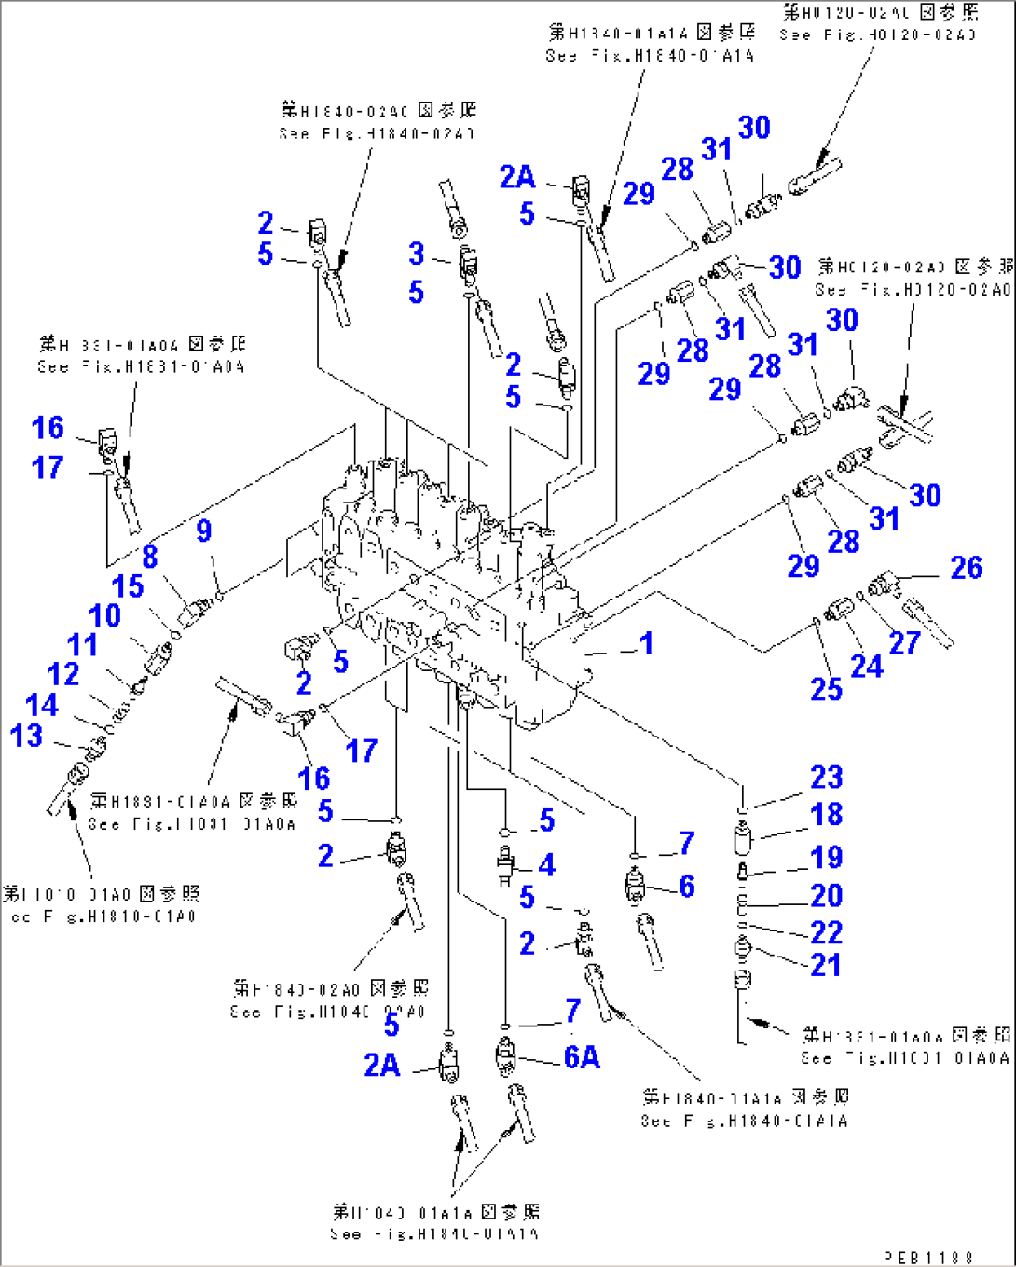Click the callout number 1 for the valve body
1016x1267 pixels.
coord(646,643)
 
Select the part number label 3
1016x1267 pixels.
coord(417,254)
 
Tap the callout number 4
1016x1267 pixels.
coord(547,865)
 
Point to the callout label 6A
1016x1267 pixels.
coord(582,1057)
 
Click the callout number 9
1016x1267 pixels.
coord(204,531)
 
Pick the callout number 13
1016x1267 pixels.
coord(26,736)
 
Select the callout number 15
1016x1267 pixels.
coord(128,586)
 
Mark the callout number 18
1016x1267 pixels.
coord(827,814)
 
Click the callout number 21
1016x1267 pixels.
coord(826,965)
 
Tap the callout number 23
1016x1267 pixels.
coord(827,778)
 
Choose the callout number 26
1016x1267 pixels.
coord(966,568)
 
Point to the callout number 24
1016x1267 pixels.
coord(866,666)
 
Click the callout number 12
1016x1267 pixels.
coord(63,674)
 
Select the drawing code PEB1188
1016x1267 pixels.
coord(927,1258)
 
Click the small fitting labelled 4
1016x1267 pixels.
coord(506,866)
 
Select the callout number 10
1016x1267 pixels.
coord(104,615)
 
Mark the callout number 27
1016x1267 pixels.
coord(904,642)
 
